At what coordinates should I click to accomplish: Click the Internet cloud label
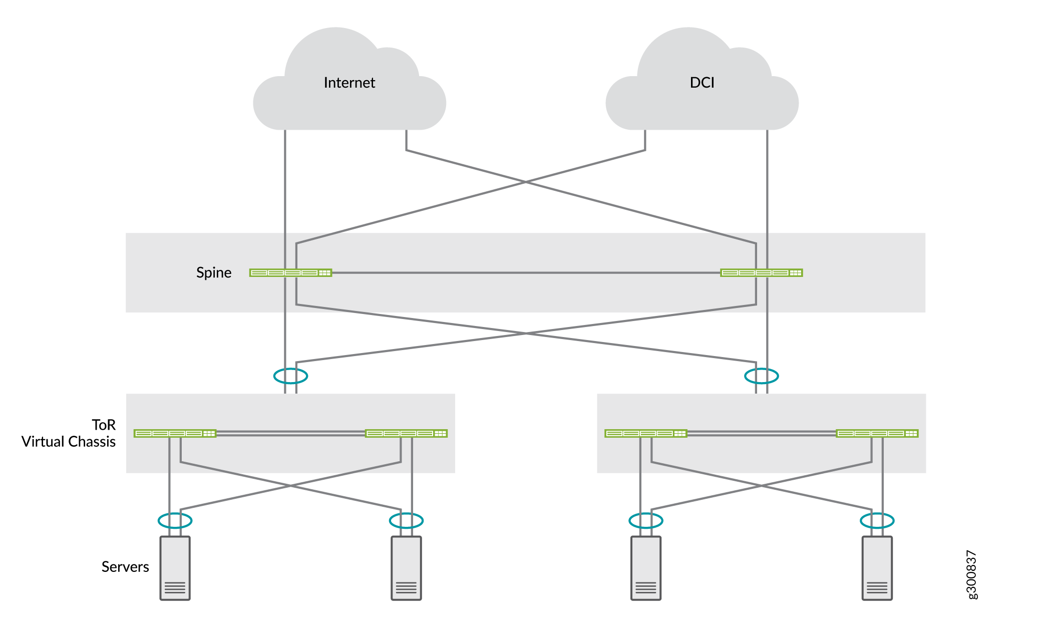click(349, 83)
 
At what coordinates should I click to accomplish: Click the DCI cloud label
click(702, 83)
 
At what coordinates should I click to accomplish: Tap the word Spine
click(214, 272)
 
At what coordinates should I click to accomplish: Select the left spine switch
click(290, 273)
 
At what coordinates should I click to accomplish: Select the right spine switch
click(761, 273)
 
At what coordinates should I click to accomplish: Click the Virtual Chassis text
click(69, 442)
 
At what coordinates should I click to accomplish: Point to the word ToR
click(104, 425)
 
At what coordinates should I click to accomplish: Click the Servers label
click(125, 567)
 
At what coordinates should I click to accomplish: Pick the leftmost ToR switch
click(175, 433)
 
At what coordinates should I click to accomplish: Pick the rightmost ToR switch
click(877, 433)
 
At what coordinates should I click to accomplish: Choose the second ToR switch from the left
click(406, 433)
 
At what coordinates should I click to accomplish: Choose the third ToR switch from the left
click(646, 433)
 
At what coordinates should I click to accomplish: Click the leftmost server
click(175, 568)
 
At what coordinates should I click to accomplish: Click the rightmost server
click(877, 568)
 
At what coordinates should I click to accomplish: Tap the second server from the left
click(406, 568)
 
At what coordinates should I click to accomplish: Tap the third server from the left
click(646, 568)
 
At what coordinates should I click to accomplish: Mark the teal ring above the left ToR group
click(290, 376)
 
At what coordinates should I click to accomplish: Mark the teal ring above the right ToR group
click(761, 376)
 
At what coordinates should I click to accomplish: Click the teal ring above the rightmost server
click(877, 521)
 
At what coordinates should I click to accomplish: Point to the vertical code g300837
click(971, 574)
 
